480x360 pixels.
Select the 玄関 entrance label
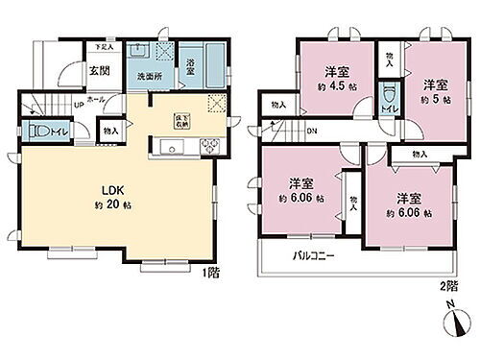[x=99, y=69]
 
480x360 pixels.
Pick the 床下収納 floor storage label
[x=180, y=121]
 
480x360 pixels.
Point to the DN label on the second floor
[x=311, y=132]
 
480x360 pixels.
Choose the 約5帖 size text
[x=427, y=98]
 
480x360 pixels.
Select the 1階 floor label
[x=210, y=273]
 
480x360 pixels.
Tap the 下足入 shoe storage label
[x=104, y=45]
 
